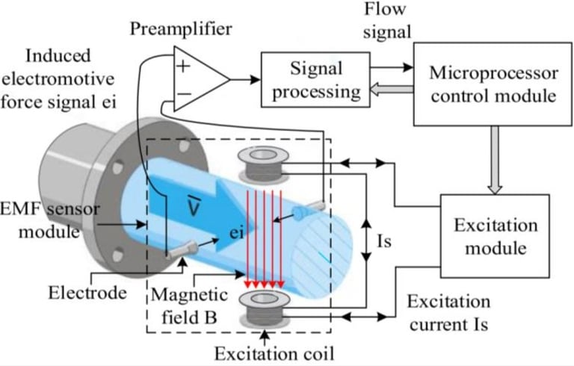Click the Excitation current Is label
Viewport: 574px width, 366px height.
pos(448,314)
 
